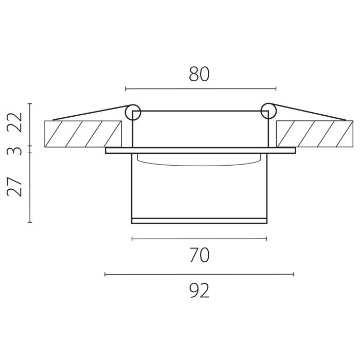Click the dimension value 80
[199, 74]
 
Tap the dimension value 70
[200, 255]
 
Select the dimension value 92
[200, 291]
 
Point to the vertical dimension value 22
[14, 122]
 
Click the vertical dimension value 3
[15, 151]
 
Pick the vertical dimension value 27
[14, 187]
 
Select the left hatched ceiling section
[83, 134]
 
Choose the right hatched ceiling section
[315, 134]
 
